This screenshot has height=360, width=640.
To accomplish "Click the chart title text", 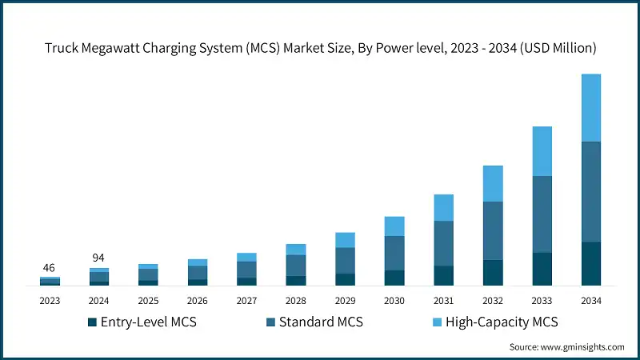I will [320, 48].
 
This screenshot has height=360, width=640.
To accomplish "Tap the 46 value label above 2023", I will [50, 268].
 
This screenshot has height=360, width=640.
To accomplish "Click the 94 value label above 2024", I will [99, 258].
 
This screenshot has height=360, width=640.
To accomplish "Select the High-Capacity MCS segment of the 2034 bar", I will [591, 108].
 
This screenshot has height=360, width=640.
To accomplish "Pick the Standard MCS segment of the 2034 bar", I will [591, 192].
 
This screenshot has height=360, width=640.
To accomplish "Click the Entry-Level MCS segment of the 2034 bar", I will [591, 264].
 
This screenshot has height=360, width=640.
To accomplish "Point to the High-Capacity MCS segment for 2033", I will [542, 151].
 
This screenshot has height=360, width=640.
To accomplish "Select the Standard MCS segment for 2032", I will [493, 230].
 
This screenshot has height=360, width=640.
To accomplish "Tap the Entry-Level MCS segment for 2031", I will [443, 276].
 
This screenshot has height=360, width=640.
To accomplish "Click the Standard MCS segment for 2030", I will [394, 253].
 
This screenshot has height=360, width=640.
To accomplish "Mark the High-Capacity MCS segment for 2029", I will [345, 240].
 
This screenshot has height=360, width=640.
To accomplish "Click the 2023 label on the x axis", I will [50, 301].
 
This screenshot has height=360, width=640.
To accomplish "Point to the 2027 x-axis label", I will [246, 301].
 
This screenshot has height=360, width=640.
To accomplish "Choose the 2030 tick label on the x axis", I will [394, 301].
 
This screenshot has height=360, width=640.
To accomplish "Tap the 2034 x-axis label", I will [591, 301].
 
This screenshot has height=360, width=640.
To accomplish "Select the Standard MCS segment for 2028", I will [296, 265].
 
